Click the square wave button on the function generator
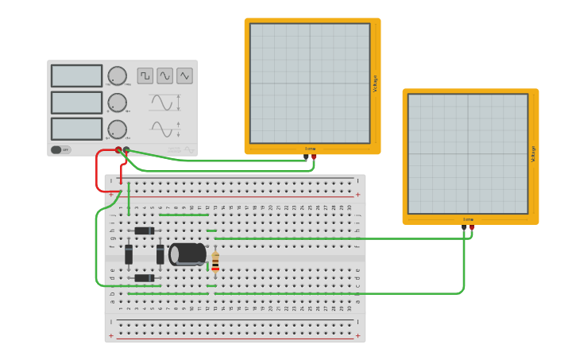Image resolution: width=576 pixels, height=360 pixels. click(145, 75)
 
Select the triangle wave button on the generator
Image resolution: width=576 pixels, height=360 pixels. click(184, 75)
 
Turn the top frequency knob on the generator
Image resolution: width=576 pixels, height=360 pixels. click(117, 75)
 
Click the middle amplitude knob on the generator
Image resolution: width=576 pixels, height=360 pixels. click(117, 103)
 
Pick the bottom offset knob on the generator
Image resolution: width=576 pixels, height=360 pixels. click(117, 130)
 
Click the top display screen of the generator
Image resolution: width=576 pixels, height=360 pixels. click(76, 75)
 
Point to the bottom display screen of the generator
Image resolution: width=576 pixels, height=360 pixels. click(76, 129)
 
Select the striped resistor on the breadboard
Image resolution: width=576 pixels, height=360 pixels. click(215, 260)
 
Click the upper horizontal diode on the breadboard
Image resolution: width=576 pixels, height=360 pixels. click(144, 230)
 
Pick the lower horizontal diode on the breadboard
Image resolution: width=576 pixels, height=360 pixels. click(144, 277)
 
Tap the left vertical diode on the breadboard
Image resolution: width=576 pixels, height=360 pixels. click(129, 254)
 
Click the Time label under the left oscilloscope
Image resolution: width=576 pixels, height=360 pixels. click(310, 149)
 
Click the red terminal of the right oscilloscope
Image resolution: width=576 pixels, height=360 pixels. click(472, 228)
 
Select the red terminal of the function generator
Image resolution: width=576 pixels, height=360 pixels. click(118, 149)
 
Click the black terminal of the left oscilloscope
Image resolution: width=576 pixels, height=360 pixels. click(306, 157)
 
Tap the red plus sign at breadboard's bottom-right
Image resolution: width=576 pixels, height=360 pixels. click(358, 335)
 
